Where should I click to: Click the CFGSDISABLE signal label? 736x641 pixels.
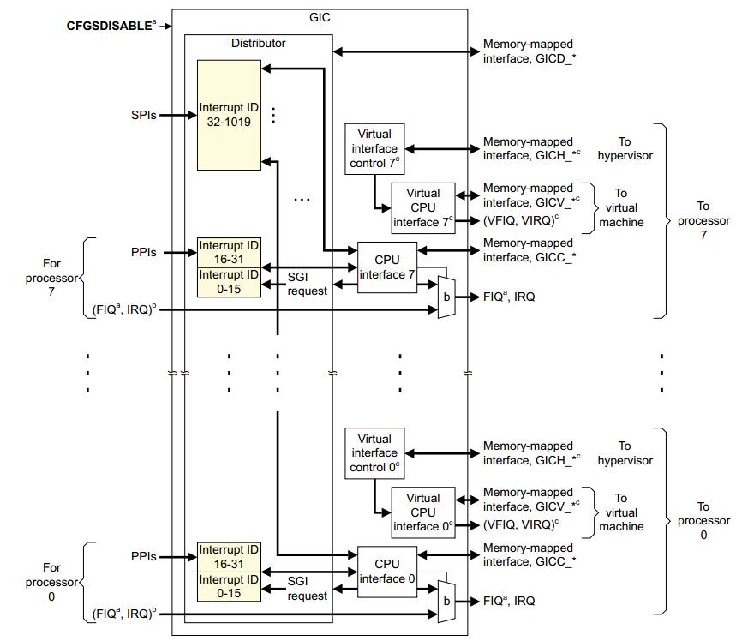point(110,26)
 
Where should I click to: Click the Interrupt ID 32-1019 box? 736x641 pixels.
point(229,114)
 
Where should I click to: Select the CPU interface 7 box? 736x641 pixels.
point(386,267)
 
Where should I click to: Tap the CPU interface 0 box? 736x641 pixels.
point(386,572)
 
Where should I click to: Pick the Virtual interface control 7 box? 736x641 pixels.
point(374,148)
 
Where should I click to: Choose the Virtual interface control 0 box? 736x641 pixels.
point(374,453)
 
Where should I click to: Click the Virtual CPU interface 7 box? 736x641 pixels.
point(423,208)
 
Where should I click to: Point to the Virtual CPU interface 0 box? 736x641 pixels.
point(423,512)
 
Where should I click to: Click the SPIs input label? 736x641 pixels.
point(143,114)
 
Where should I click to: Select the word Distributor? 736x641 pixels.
point(259,43)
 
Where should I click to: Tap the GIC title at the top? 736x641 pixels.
point(319,16)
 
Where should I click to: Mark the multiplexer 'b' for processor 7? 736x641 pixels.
point(446,297)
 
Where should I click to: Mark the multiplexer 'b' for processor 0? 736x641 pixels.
point(446,602)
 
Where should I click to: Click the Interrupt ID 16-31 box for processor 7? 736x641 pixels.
point(229,252)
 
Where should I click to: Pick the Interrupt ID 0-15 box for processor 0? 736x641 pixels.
point(229,586)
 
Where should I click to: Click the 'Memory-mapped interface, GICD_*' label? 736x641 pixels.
point(528,51)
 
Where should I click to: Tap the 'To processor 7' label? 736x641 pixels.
point(703,220)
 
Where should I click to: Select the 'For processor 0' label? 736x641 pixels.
point(52,581)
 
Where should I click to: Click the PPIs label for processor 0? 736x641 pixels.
point(143,556)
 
